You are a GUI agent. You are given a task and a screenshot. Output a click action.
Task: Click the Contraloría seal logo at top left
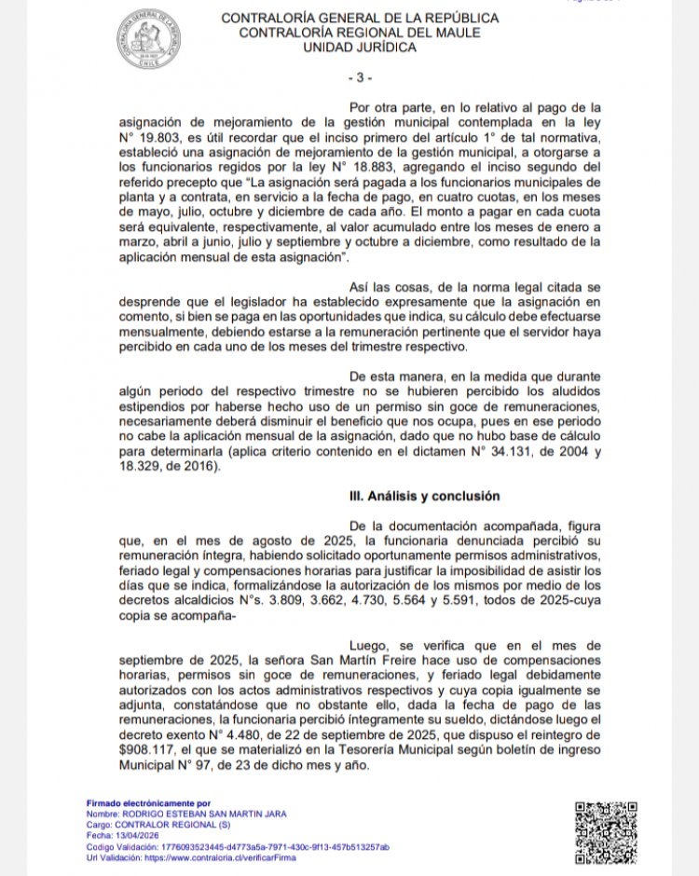click(150, 39)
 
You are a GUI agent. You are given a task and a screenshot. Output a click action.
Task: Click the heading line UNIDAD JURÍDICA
click(359, 48)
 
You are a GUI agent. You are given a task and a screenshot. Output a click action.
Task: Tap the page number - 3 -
click(359, 76)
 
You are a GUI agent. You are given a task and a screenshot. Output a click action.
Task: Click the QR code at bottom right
click(605, 831)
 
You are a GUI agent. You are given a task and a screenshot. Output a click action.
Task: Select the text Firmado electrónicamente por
click(148, 802)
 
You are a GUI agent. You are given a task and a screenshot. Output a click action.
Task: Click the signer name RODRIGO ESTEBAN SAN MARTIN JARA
click(202, 814)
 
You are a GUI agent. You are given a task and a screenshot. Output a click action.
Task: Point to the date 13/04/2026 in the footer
click(130, 836)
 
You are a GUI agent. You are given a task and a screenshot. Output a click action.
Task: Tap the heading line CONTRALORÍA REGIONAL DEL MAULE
click(359, 33)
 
